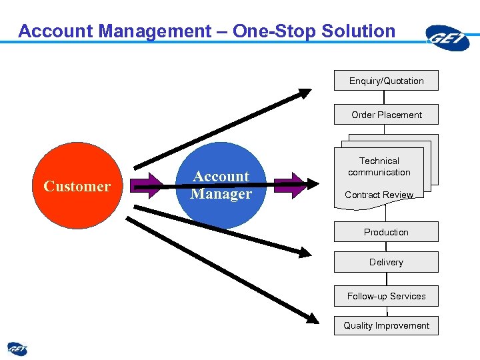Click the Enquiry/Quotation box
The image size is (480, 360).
click(386, 81)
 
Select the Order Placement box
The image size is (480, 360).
click(386, 115)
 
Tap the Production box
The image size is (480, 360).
click(386, 232)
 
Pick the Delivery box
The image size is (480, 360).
click(386, 262)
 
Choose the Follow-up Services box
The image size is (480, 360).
click(386, 296)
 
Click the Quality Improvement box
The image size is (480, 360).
click(386, 325)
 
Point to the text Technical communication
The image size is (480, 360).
click(379, 167)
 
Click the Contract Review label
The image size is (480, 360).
click(379, 195)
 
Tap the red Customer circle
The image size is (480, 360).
click(76, 186)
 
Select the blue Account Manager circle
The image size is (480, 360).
click(221, 185)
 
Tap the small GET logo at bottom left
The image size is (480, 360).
click(17, 349)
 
